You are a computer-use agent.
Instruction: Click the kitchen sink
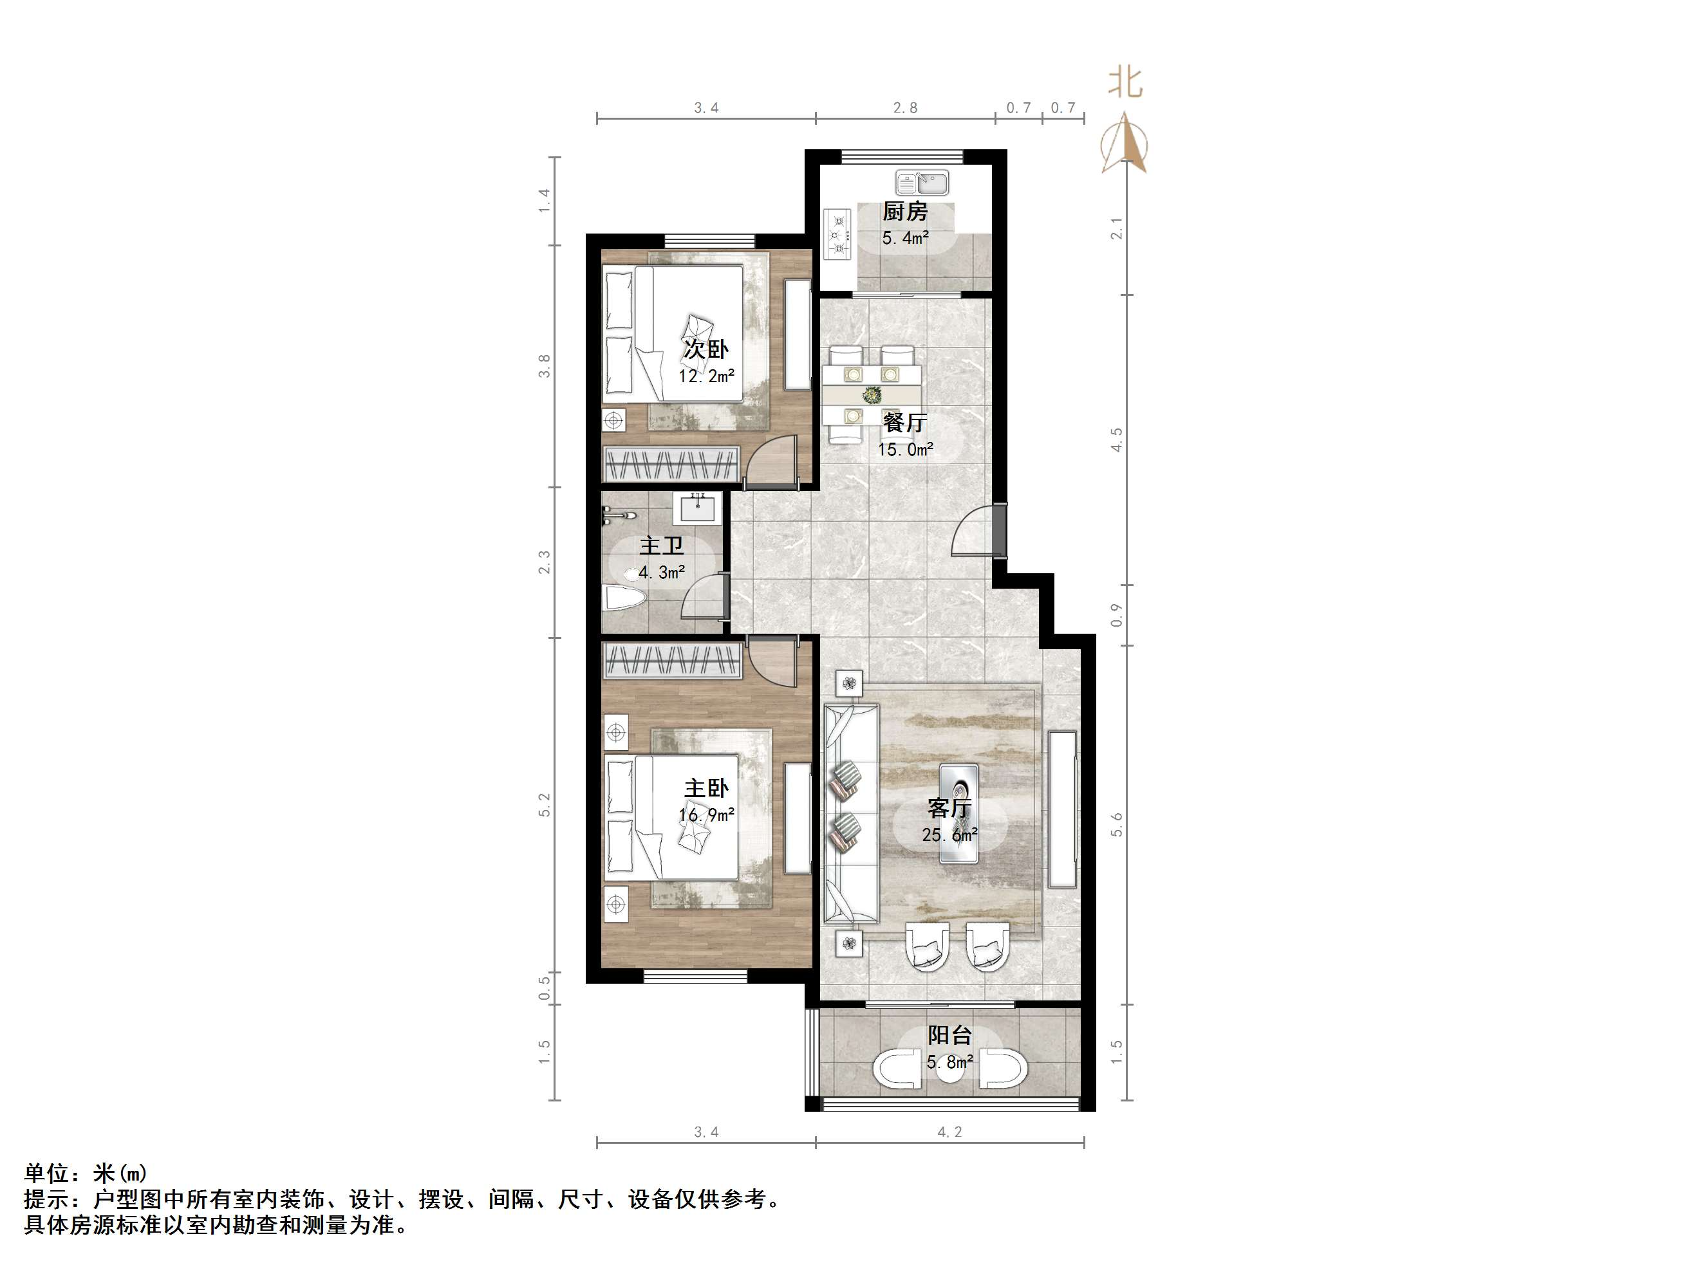click(922, 183)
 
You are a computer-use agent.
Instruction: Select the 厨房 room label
click(905, 211)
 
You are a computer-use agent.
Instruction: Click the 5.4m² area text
click(905, 238)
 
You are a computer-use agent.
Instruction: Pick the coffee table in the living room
click(959, 813)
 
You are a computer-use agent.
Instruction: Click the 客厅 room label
click(949, 807)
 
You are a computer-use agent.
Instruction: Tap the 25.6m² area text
click(949, 834)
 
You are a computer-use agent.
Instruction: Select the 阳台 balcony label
click(949, 1035)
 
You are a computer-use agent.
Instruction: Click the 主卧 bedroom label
click(706, 788)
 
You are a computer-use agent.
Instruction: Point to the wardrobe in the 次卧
click(671, 464)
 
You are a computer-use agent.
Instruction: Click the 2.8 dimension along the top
click(905, 108)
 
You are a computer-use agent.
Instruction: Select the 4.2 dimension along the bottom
click(949, 1132)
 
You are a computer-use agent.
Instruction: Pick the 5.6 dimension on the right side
click(1116, 825)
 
